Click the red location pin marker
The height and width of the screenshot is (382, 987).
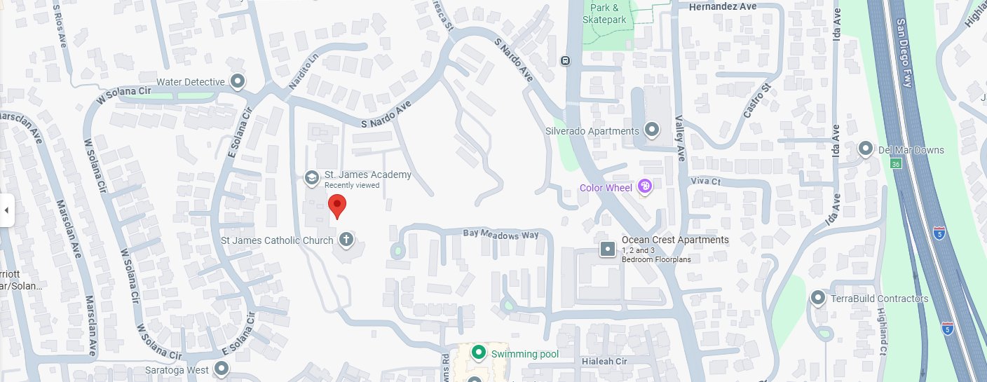click(x=337, y=207)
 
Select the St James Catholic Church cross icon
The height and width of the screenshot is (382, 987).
click(x=345, y=240)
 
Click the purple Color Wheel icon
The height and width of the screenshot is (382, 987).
click(x=645, y=187)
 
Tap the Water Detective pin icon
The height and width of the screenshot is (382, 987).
click(x=238, y=82)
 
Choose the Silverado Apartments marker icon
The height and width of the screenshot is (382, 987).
click(x=652, y=130)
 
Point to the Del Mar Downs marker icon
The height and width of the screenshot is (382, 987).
click(x=866, y=150)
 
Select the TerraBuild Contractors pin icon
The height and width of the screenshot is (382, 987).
click(x=817, y=299)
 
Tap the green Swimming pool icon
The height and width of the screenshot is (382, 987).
click(x=479, y=353)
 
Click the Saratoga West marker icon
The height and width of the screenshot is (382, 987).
click(x=222, y=369)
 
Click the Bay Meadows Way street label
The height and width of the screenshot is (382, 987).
click(x=501, y=236)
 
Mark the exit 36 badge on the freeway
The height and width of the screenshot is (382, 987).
click(x=896, y=164)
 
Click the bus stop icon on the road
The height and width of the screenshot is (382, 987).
click(x=564, y=60)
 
